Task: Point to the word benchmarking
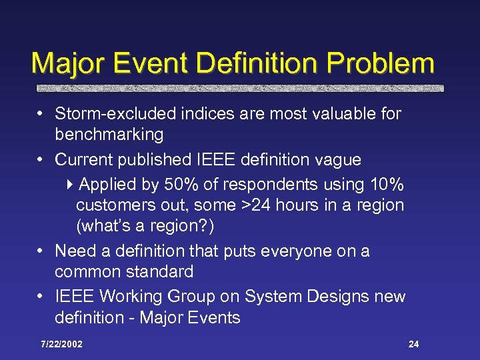point(109,135)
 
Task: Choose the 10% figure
point(385,185)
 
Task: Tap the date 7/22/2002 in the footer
point(61,344)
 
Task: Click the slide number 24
point(413,344)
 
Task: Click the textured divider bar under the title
point(239,88)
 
